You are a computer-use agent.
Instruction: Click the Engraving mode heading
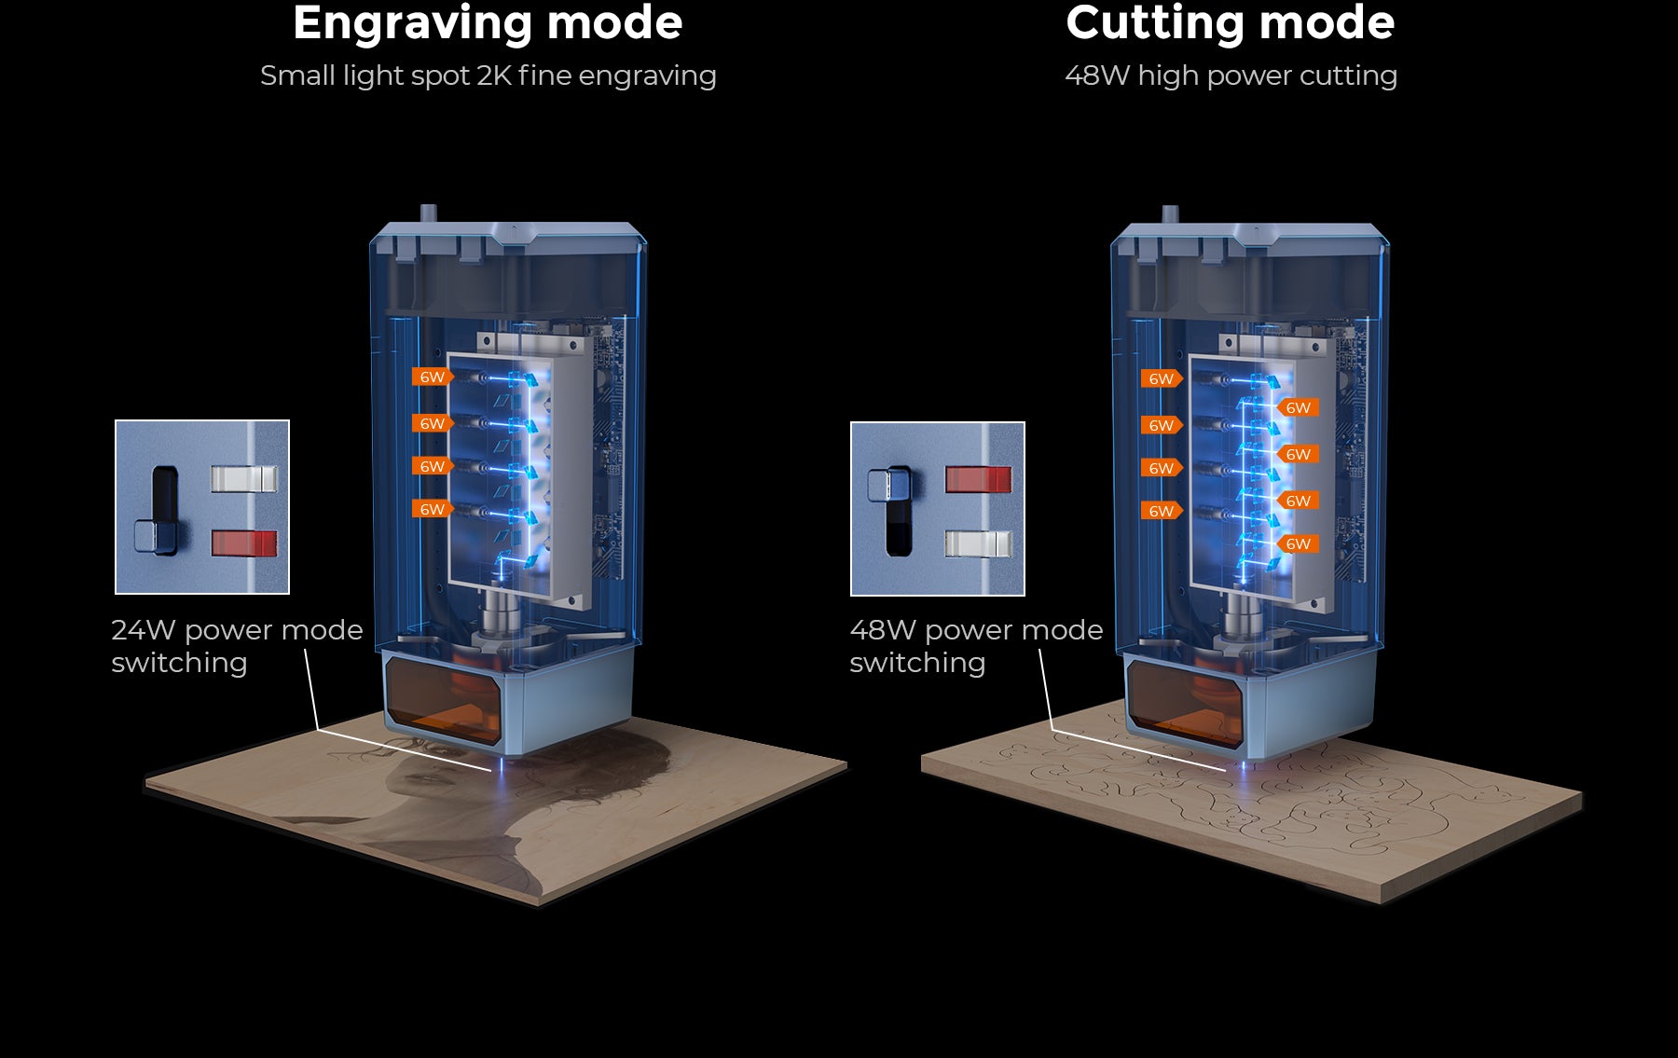pos(488,23)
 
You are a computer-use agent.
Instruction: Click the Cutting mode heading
pos(1230,23)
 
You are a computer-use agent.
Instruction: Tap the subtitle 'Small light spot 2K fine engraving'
pos(488,76)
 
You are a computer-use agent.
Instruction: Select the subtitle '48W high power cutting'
pos(1231,76)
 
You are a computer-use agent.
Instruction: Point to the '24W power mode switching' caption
pos(237,646)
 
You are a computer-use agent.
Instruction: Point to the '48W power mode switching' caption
pos(975,646)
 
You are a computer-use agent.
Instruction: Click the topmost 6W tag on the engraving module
pos(432,377)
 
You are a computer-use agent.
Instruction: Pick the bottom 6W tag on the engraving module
pos(432,509)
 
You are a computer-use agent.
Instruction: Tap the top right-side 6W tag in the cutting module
pos(1298,407)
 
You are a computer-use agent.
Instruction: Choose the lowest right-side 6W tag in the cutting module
pos(1298,543)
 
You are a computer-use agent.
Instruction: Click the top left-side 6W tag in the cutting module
pos(1161,378)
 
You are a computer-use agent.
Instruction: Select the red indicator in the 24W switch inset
pos(244,543)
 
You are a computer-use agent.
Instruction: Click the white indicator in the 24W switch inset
pos(244,479)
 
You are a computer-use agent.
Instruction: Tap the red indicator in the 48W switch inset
pos(978,479)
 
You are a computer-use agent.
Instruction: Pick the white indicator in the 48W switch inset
pos(978,543)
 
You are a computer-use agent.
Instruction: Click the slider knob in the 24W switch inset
pos(156,537)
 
